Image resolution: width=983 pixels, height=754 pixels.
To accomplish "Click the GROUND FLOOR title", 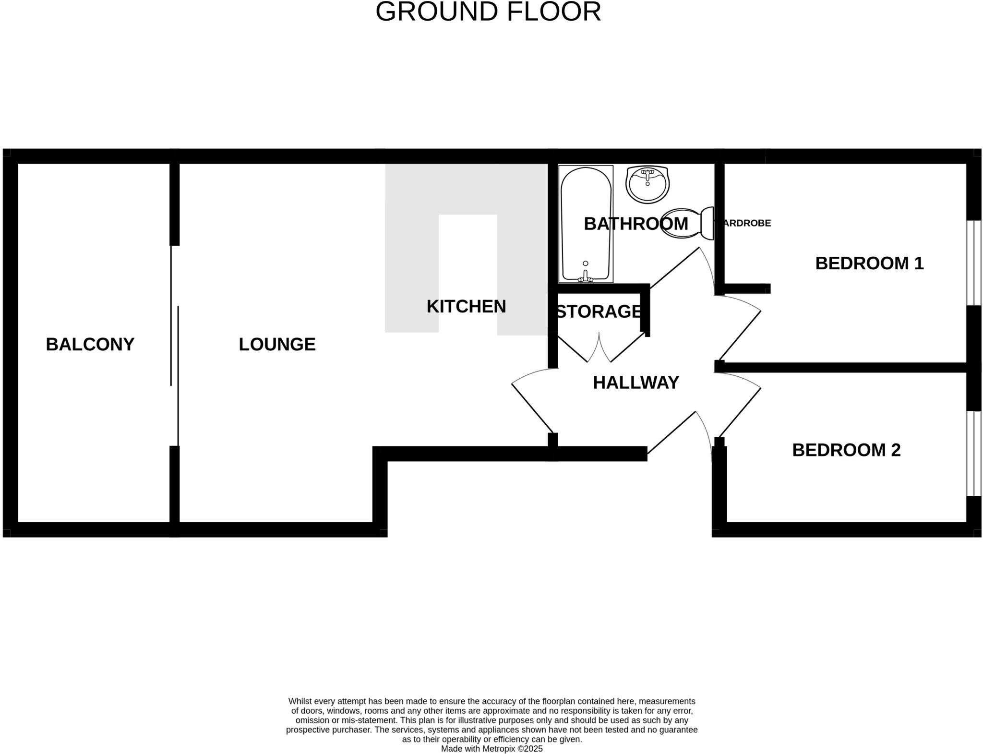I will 488,12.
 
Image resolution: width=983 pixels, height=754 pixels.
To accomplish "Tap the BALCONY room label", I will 90,344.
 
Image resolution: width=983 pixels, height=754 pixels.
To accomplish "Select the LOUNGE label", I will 277,344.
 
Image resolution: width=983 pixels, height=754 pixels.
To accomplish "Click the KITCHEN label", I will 466,306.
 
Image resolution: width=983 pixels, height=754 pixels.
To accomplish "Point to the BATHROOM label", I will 635,224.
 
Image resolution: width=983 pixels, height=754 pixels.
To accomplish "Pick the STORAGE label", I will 599,311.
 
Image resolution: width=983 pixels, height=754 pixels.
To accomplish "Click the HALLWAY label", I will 635,383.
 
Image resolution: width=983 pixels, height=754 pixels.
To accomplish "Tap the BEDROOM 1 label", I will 869,263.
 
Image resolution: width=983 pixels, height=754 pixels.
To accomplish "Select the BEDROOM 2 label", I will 846,450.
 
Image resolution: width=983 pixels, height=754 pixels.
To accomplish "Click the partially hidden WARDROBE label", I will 745,223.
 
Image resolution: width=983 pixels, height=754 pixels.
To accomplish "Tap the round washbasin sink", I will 647,185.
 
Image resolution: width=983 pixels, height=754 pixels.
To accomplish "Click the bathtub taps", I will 586,276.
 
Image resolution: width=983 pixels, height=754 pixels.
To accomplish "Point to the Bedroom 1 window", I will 973,263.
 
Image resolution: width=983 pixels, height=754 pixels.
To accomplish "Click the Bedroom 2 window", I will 973,453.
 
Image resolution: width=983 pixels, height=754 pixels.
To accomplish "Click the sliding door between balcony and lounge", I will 175,346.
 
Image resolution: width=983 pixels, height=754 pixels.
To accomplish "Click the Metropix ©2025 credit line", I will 491,749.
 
